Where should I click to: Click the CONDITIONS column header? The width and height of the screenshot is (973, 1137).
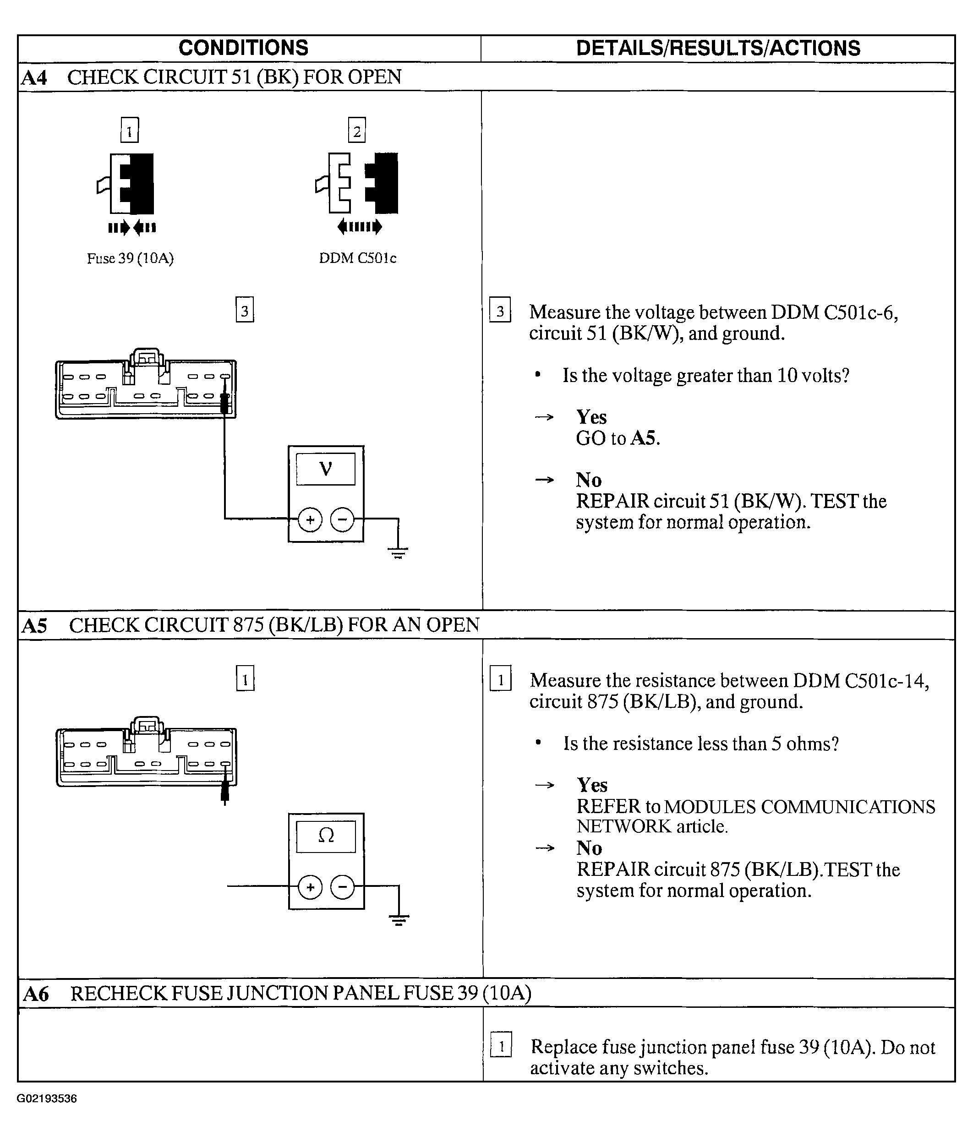[243, 48]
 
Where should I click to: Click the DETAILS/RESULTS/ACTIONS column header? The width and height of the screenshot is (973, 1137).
[718, 48]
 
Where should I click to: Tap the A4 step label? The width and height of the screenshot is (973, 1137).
[34, 77]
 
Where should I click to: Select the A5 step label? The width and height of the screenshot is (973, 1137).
[34, 626]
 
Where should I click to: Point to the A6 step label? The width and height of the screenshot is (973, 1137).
[36, 994]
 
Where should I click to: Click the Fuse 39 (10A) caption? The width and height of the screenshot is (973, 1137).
[130, 258]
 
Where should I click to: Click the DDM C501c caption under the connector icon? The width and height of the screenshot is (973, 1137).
[357, 258]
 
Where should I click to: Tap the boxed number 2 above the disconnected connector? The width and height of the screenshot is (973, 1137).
[357, 131]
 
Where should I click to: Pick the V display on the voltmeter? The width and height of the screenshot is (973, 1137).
[325, 469]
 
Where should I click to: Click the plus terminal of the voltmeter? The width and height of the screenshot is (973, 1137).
[310, 519]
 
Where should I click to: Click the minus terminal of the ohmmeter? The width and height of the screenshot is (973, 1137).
[343, 887]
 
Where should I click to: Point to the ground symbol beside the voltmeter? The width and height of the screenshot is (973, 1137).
[399, 552]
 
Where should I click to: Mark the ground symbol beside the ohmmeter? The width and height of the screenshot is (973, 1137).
[399, 920]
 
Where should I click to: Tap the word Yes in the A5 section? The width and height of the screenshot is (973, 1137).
[591, 785]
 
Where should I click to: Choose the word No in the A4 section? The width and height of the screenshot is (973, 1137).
[588, 480]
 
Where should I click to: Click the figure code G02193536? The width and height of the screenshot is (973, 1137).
[47, 1099]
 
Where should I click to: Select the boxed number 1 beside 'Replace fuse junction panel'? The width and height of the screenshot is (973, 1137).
[501, 1045]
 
